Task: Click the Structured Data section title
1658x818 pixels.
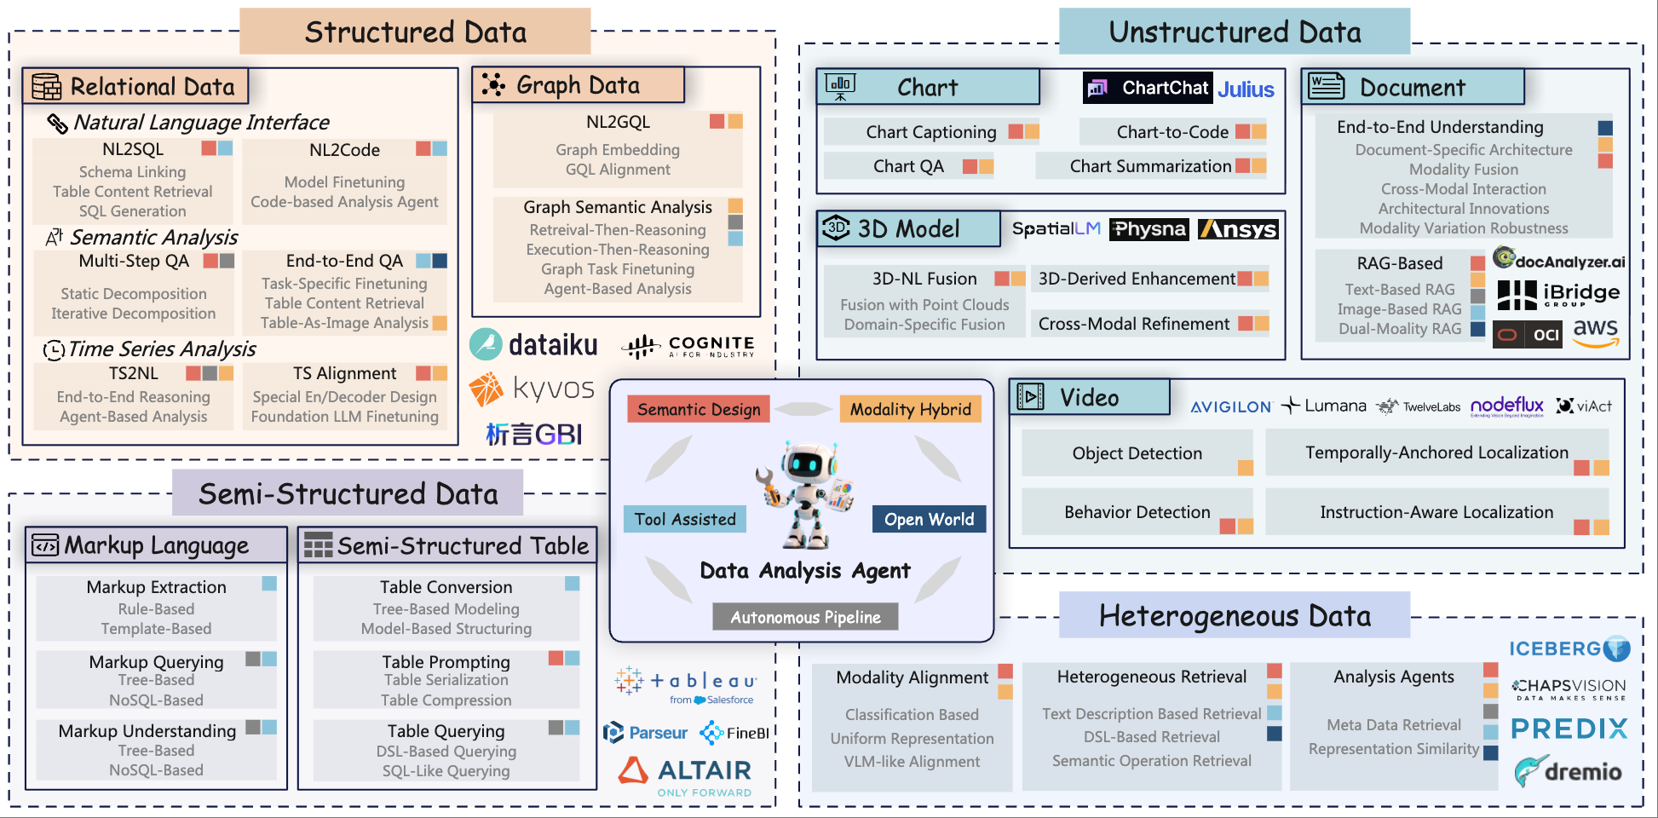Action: click(415, 32)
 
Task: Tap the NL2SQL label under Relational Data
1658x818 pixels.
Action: click(133, 150)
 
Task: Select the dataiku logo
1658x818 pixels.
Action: click(534, 345)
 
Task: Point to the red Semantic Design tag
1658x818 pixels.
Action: click(699, 410)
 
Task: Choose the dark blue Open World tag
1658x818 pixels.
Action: click(929, 520)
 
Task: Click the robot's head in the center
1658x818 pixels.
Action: click(805, 464)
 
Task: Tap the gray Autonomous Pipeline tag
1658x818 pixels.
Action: click(805, 617)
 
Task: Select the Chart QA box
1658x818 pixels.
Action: click(908, 167)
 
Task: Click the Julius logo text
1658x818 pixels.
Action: click(1246, 89)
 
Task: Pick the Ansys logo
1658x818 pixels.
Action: click(1238, 229)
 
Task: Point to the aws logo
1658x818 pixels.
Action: click(1595, 333)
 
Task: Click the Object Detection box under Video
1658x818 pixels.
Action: click(1137, 453)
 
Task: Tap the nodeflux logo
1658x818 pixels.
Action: click(1506, 406)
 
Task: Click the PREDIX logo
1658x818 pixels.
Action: click(1569, 729)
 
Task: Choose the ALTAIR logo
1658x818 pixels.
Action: click(686, 771)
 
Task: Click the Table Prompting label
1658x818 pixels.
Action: click(446, 662)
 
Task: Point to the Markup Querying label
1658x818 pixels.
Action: click(156, 662)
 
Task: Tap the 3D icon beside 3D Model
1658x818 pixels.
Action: click(836, 228)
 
